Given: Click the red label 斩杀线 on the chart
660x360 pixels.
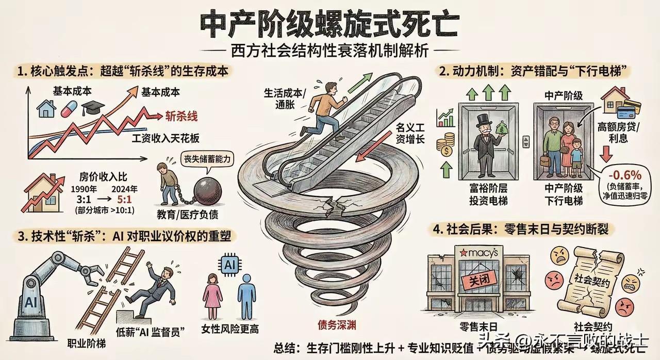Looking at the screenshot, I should (181, 117).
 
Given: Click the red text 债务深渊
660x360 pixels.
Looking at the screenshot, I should (337, 325).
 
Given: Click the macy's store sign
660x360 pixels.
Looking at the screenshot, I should (477, 253).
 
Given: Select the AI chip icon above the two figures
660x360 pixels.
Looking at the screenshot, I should (229, 265).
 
